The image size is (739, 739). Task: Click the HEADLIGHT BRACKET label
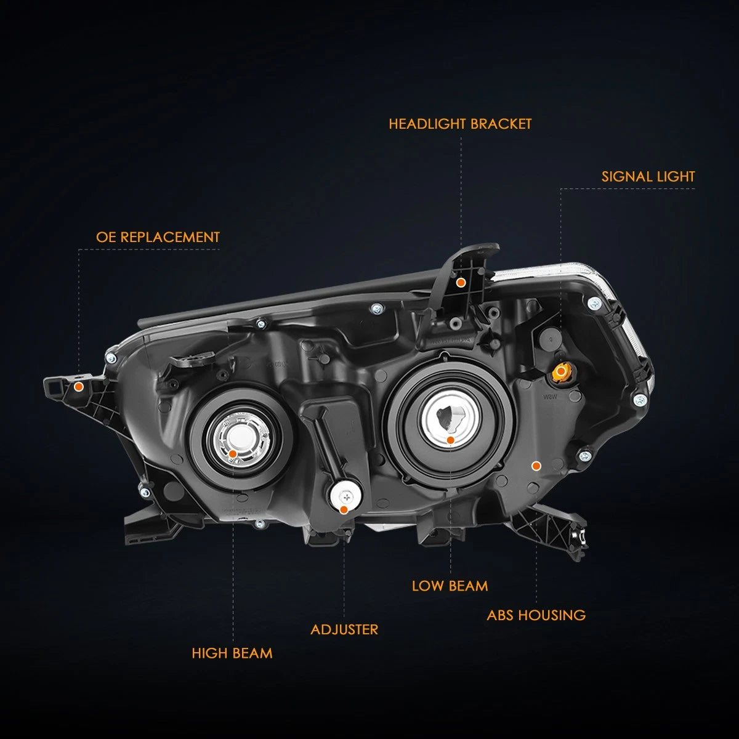(460, 124)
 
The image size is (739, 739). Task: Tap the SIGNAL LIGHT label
(648, 177)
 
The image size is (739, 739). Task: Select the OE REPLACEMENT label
(158, 237)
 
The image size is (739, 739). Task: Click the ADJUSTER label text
(344, 629)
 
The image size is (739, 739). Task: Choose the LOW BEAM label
(450, 586)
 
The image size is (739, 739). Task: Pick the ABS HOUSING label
(536, 615)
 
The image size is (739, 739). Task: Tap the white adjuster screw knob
(346, 496)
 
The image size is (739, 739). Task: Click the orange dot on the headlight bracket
(461, 283)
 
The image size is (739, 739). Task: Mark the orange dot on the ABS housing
(536, 466)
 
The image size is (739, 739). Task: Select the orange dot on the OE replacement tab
(79, 386)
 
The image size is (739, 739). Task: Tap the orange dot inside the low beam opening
(451, 440)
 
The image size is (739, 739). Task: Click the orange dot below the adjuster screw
(344, 510)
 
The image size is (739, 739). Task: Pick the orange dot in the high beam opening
(232, 454)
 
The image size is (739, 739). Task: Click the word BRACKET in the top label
(501, 124)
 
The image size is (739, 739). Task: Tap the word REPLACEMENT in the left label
(170, 237)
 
